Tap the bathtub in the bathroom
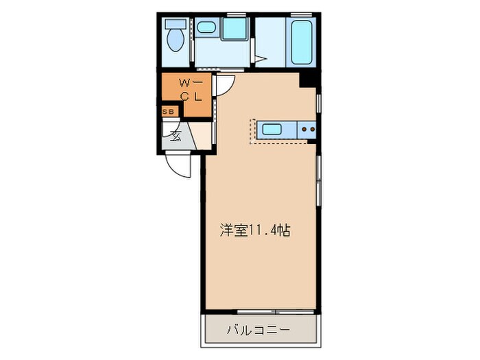pos(302,42)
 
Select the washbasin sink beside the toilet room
pos(205,28)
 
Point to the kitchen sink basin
pos(272,128)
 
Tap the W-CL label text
pos(189,89)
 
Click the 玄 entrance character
pos(175,134)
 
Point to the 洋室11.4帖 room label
pos(254,230)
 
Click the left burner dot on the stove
pos(302,128)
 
